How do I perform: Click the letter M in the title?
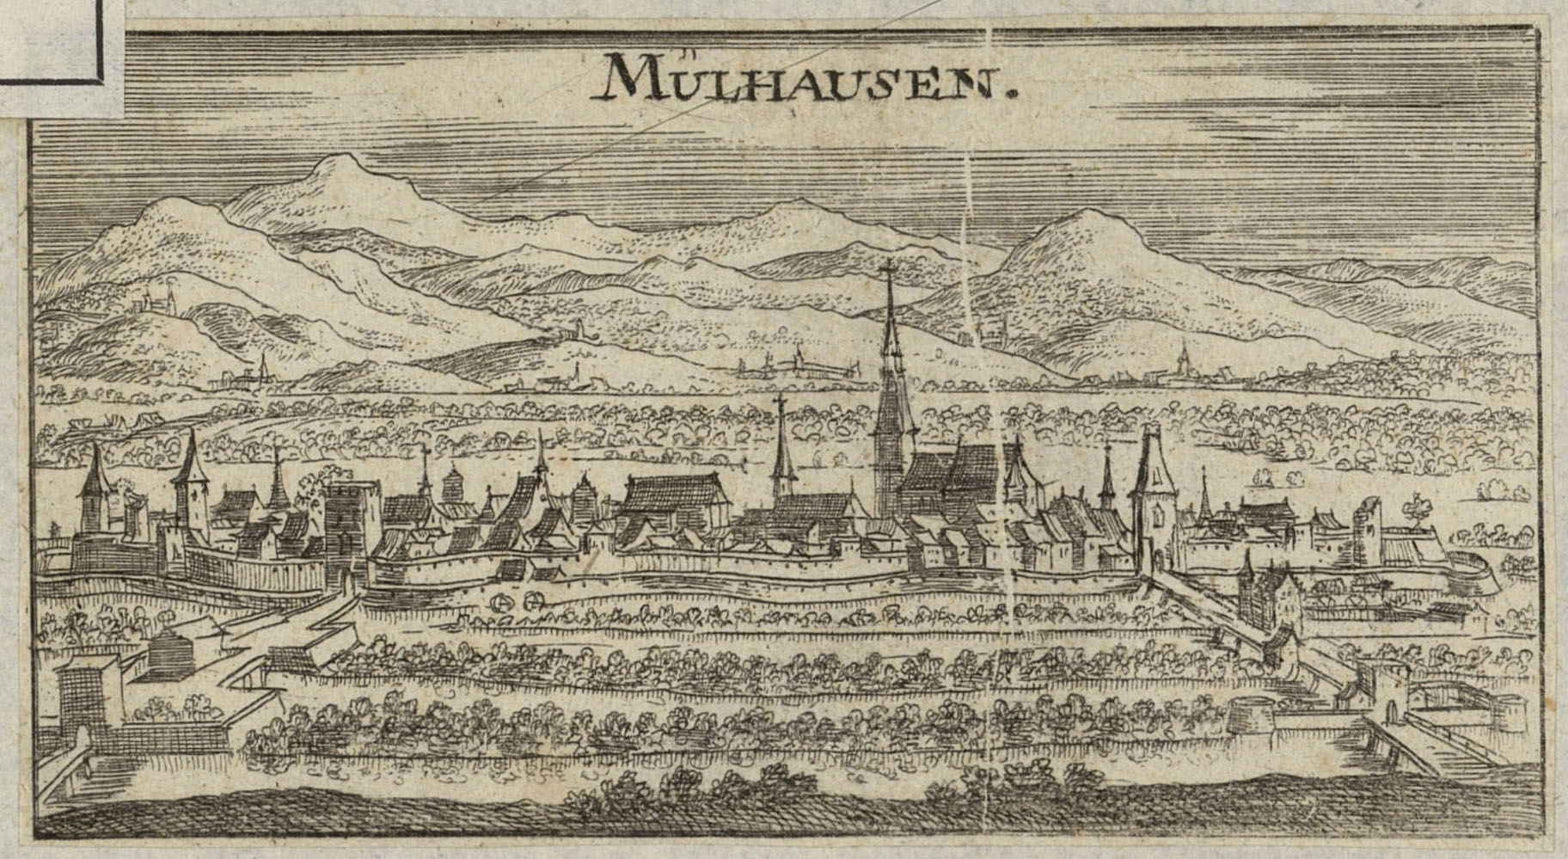tap(625, 77)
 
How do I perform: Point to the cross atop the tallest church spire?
tap(889, 273)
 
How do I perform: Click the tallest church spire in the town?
tap(891, 370)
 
